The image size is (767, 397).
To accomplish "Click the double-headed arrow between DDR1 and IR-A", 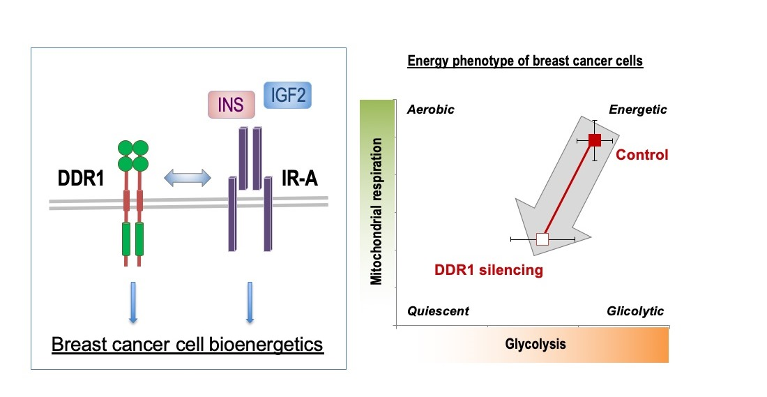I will (x=187, y=179).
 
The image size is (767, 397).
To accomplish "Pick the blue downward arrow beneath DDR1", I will (x=132, y=302).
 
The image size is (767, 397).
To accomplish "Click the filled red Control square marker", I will (x=595, y=140).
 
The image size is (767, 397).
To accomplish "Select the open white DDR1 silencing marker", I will (x=542, y=239).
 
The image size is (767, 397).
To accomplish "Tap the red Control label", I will (x=641, y=155).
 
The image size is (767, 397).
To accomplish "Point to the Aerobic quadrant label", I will (x=431, y=110).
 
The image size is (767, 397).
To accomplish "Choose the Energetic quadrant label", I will (x=638, y=110).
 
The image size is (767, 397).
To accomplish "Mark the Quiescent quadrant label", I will (x=438, y=311).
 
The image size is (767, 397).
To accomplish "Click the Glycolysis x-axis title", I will (x=536, y=344).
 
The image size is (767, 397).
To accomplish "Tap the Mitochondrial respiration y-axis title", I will (x=377, y=211).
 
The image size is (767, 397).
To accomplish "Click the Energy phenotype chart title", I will (x=524, y=61).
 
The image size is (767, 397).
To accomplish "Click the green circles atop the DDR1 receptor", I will (x=132, y=155).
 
